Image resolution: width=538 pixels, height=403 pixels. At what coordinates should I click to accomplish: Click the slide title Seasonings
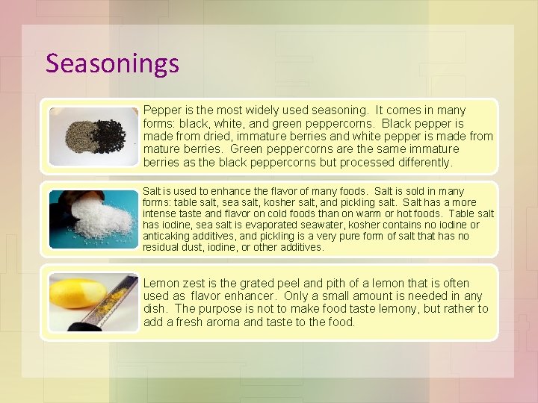(112, 63)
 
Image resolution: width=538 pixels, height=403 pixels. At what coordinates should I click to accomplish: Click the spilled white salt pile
(101, 218)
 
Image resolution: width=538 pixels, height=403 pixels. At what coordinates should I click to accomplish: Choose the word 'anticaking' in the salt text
(167, 236)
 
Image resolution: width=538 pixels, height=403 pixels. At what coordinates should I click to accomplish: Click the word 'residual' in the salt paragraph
(161, 247)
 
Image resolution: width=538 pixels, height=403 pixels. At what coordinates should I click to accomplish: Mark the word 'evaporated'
(264, 225)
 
